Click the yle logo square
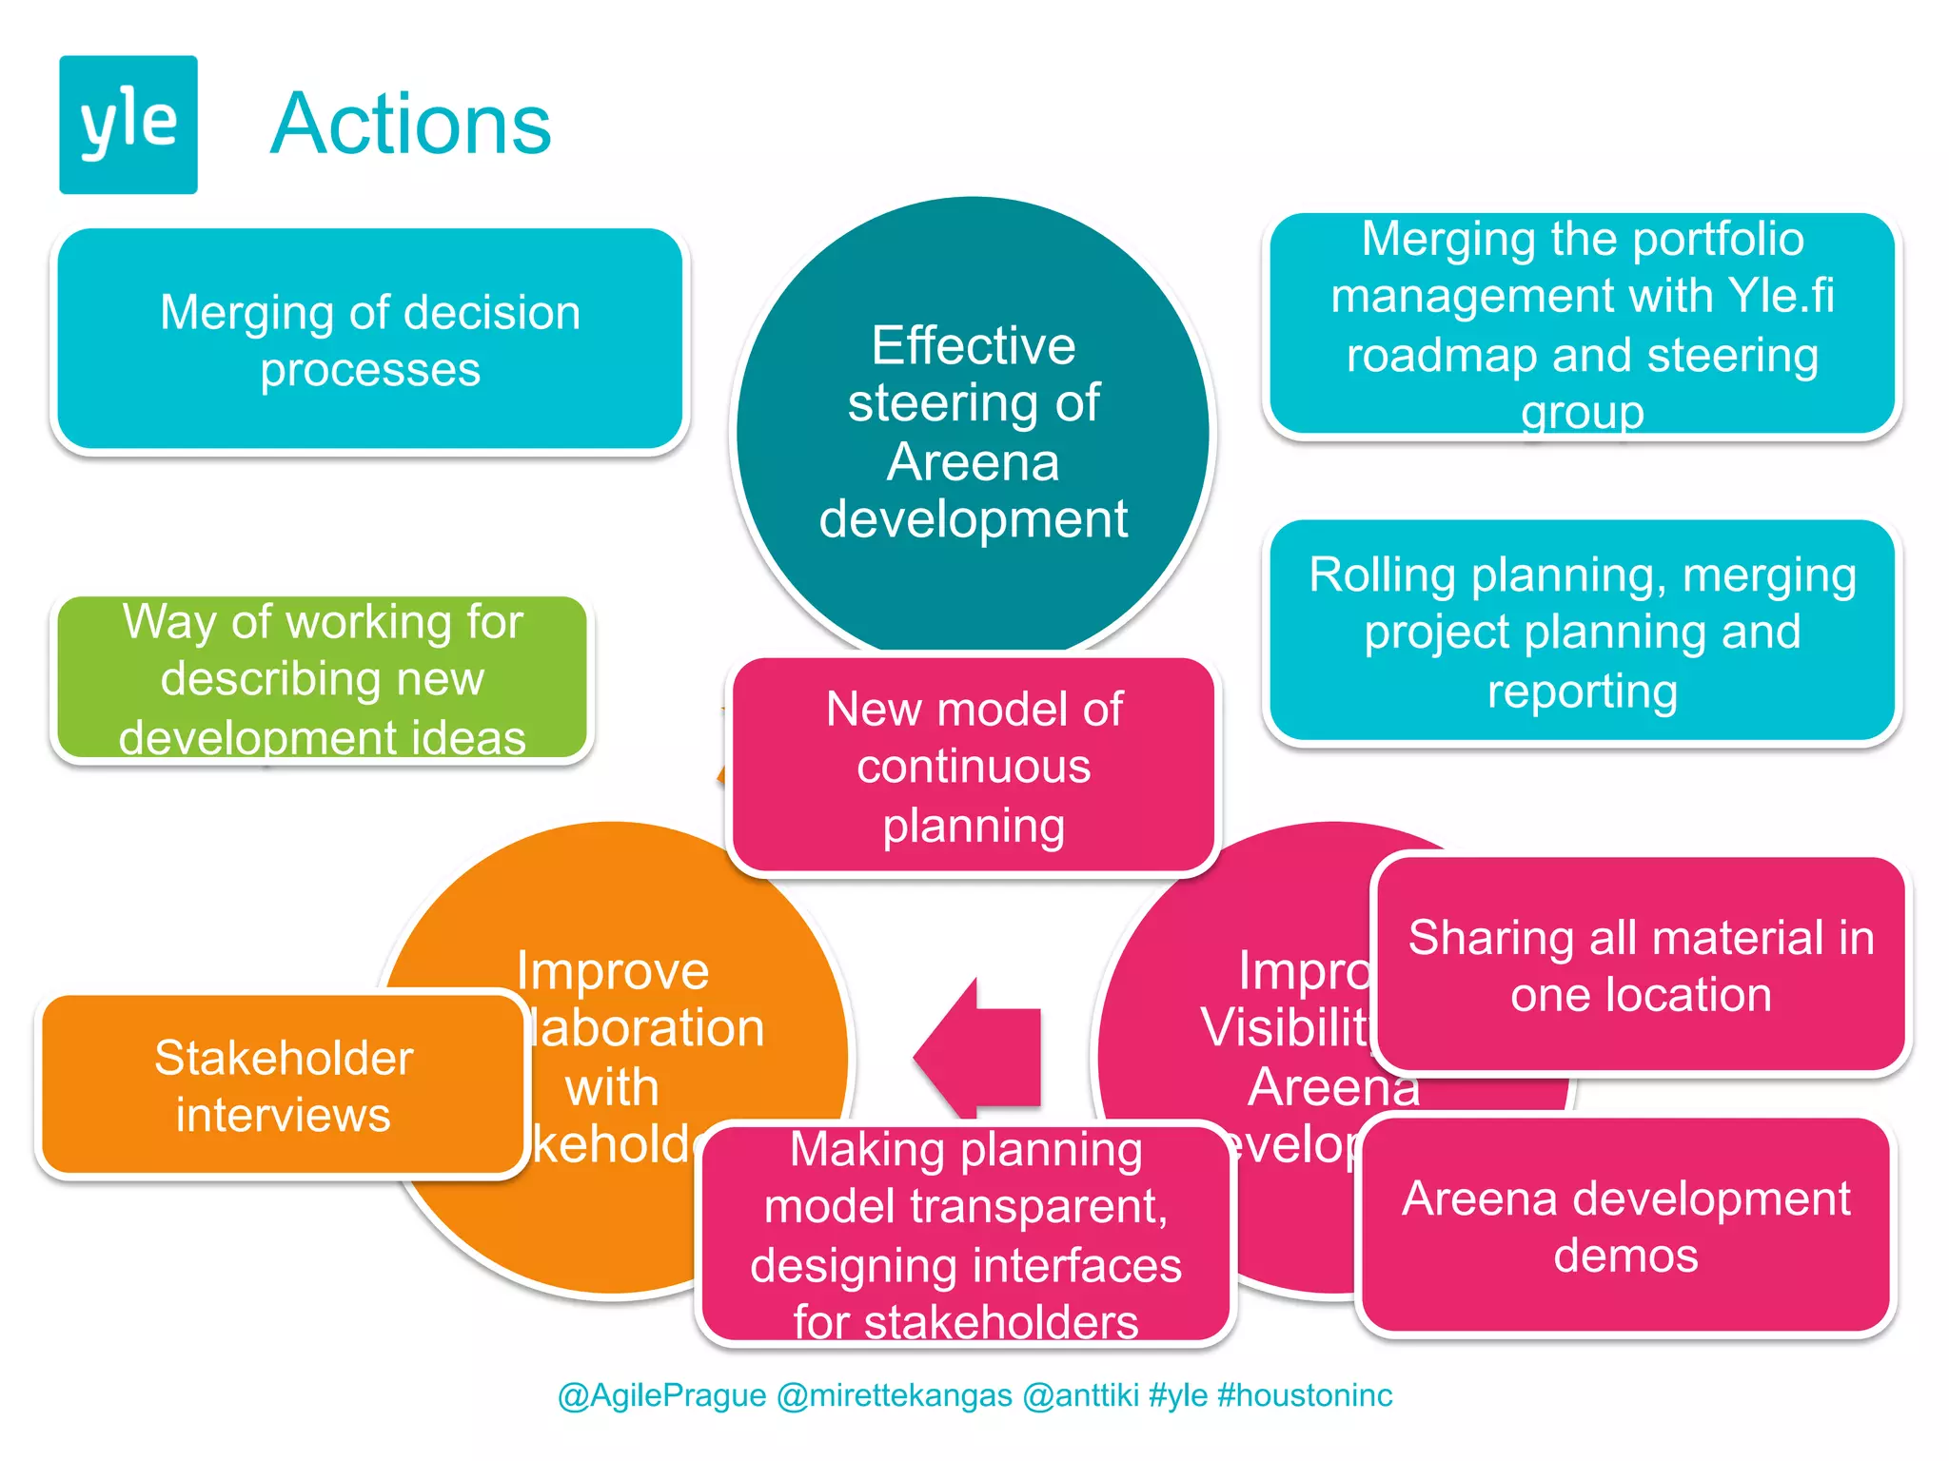click(x=128, y=125)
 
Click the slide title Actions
click(x=410, y=125)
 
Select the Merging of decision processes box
click(x=369, y=340)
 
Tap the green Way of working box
click(x=322, y=677)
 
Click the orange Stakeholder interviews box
click(x=283, y=1085)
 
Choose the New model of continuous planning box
click(x=973, y=766)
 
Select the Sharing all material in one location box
click(x=1641, y=964)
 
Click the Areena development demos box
click(x=1625, y=1225)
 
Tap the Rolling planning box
click(x=1582, y=632)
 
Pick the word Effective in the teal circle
click(x=973, y=345)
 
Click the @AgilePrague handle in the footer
click(x=661, y=1395)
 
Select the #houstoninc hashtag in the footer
click(x=1305, y=1395)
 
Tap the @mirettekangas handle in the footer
click(x=894, y=1395)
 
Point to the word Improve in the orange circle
click(x=613, y=971)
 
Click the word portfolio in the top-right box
click(x=1718, y=239)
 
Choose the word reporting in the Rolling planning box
click(x=1582, y=691)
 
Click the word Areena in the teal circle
click(x=973, y=462)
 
